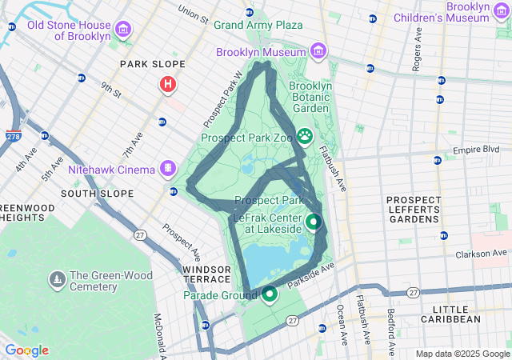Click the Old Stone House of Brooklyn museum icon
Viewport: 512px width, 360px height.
pos(122,30)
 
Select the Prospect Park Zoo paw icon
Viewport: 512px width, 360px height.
pos(306,137)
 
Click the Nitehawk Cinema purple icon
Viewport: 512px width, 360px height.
pos(167,169)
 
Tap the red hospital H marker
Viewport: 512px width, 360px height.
pos(168,83)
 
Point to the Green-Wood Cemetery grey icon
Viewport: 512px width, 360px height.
pos(57,279)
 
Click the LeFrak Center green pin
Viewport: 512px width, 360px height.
pos(314,222)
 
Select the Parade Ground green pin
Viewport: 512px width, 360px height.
pos(270,294)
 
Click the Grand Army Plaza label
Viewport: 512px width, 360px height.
pos(258,25)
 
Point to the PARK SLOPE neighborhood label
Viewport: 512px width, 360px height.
pos(152,64)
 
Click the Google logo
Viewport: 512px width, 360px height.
pos(26,350)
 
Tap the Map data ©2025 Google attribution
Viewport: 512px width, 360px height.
pos(462,354)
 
